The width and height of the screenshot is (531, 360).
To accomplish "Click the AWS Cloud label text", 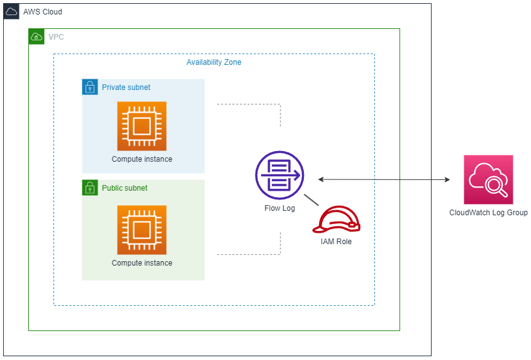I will tap(42, 12).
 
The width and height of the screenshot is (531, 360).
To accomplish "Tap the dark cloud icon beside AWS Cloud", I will tap(11, 12).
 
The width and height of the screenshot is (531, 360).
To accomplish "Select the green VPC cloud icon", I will tap(36, 37).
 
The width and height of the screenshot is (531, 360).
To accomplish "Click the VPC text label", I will tap(56, 37).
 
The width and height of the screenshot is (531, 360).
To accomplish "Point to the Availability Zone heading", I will tap(213, 62).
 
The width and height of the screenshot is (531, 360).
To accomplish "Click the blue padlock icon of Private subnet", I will tap(90, 87).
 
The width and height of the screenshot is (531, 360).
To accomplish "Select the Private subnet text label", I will tap(126, 87).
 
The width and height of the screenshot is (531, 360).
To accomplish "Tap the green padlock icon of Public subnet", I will tap(90, 188).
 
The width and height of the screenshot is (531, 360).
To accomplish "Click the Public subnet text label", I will tap(125, 188).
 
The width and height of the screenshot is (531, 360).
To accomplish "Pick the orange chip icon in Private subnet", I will tap(142, 126).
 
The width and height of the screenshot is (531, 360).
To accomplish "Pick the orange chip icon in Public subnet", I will tap(142, 230).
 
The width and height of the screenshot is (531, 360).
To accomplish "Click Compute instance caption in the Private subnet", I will tap(142, 159).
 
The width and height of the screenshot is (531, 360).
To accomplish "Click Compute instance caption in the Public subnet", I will tap(142, 263).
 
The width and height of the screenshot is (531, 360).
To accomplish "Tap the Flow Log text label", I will tap(279, 208).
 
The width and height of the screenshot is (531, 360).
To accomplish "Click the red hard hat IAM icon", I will tap(339, 220).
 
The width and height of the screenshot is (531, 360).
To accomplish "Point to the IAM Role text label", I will tap(336, 241).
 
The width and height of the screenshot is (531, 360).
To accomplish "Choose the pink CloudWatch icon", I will tap(488, 180).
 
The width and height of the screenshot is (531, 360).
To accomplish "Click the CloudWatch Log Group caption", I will tap(488, 213).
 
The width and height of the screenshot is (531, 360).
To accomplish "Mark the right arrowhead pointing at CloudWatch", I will tap(447, 180).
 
